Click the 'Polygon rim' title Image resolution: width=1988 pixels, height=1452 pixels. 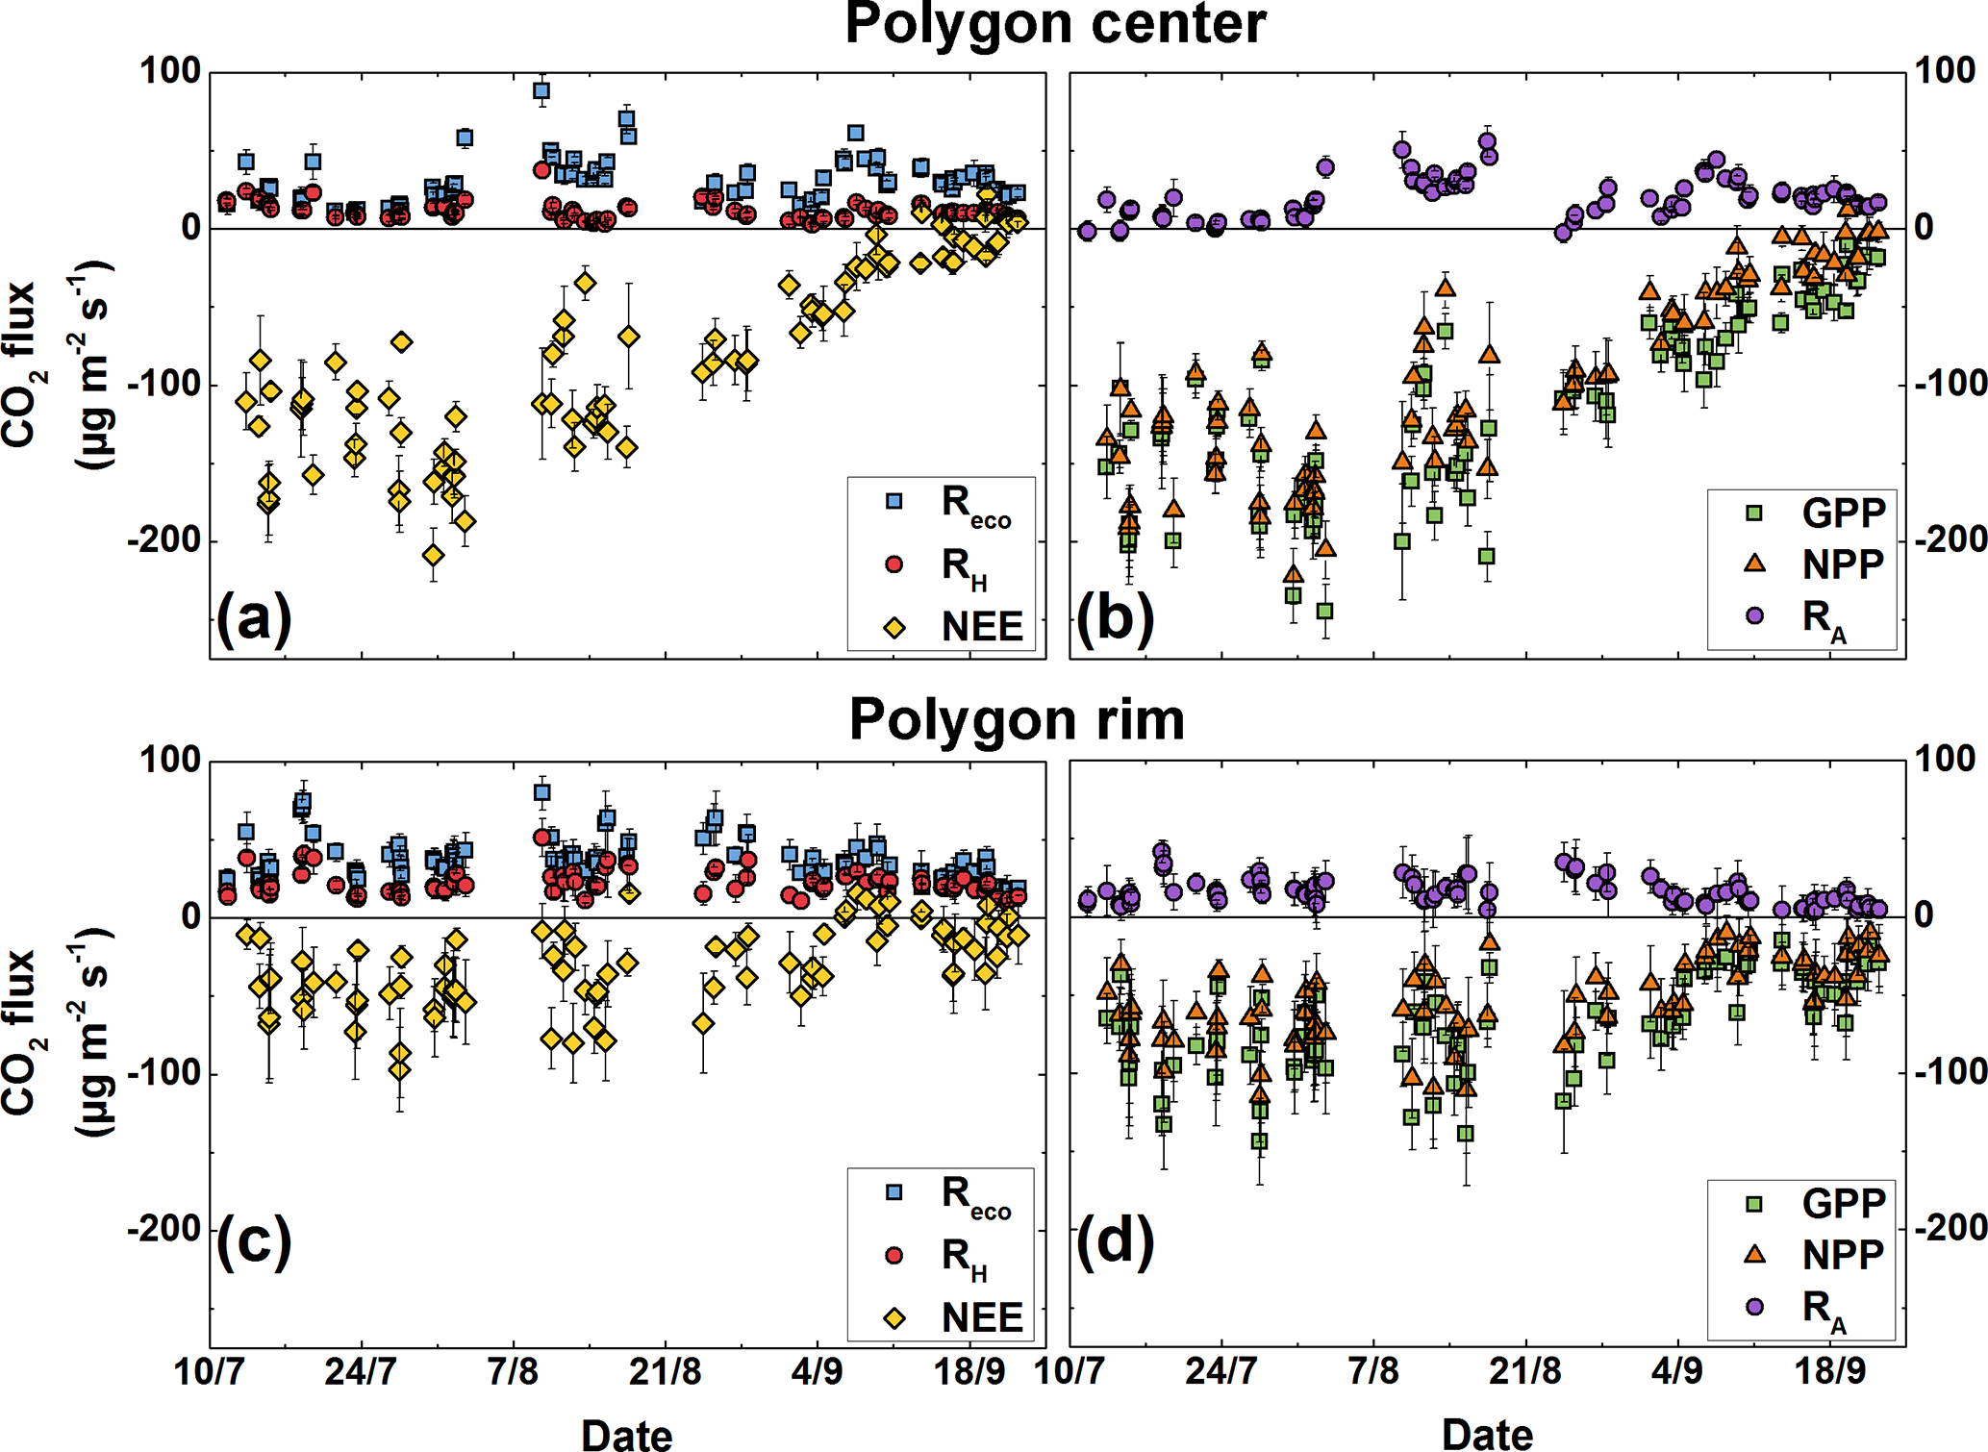[1017, 719]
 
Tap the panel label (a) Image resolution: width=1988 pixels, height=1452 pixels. [253, 618]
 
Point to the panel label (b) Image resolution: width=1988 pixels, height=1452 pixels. [1115, 618]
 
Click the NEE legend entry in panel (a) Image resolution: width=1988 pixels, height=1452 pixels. [981, 627]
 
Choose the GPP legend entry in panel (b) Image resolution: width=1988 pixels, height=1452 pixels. [1842, 513]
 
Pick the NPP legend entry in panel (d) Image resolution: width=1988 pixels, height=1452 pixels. [1842, 1255]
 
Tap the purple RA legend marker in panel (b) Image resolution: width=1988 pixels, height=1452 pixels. [1754, 615]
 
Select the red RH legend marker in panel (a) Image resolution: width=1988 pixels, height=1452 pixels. [893, 564]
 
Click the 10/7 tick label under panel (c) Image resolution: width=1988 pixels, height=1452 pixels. [209, 1372]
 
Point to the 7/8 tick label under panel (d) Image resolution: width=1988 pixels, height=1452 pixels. [1373, 1372]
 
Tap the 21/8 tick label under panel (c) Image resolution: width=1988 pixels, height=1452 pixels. [665, 1372]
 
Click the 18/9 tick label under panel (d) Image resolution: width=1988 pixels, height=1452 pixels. [1829, 1372]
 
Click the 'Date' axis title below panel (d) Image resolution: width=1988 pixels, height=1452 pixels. [1487, 1434]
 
